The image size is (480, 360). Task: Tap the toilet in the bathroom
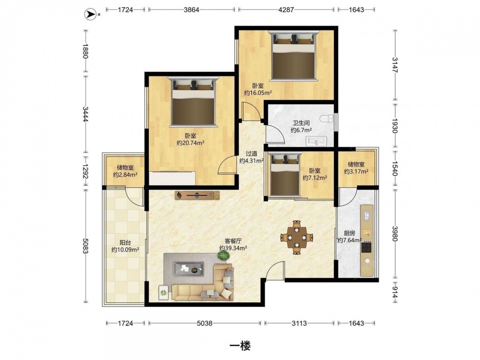pos(326,119)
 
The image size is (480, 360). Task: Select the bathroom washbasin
pos(316,142)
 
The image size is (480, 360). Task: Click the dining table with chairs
pos(297,237)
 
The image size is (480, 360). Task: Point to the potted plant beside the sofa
pos(223,256)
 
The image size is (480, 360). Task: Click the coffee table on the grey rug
pos(188,268)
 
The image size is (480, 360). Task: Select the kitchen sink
pos(367,215)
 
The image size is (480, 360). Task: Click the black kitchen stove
pos(366,247)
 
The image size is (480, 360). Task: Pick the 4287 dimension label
pos(286,10)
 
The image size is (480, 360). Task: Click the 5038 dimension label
pos(204,323)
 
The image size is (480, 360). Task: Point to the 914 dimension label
pos(395,292)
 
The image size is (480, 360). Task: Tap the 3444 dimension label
pos(85,114)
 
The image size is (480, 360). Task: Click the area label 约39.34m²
pos(233,248)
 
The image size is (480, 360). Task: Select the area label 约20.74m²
pos(191,143)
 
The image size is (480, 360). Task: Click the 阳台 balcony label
pos(125,243)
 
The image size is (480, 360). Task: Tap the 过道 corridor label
pos(252,154)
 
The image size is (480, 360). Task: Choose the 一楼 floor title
pos(240,346)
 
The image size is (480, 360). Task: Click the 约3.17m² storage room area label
pos(356,171)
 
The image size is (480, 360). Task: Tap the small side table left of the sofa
pos(164,293)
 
